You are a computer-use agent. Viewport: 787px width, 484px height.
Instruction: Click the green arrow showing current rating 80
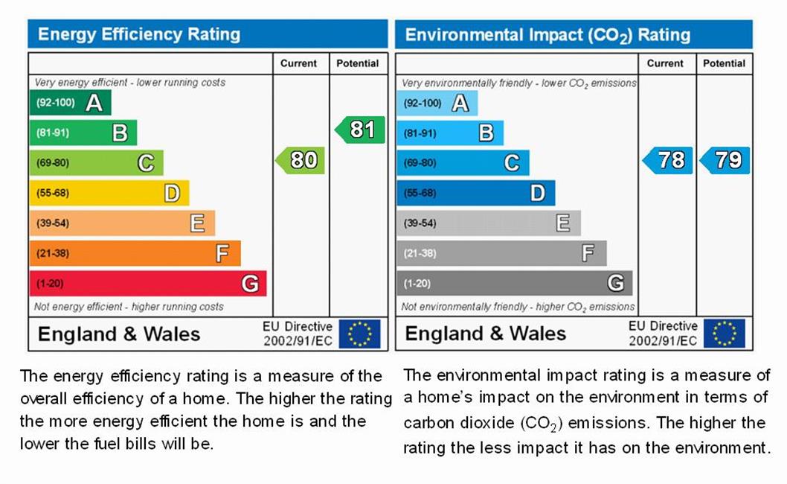point(301,160)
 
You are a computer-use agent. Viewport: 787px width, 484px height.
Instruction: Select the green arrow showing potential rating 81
point(360,130)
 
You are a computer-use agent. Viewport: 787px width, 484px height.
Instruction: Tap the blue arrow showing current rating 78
point(668,160)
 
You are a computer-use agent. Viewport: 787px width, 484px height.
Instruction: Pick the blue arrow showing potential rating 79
point(725,160)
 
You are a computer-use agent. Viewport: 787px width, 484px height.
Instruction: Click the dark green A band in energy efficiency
point(70,103)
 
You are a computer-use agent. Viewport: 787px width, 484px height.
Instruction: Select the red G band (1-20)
point(147,283)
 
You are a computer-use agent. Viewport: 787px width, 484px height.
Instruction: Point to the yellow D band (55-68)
point(109,193)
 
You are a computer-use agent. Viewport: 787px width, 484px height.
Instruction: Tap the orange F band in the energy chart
point(135,253)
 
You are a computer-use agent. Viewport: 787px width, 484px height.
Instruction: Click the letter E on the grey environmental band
point(563,223)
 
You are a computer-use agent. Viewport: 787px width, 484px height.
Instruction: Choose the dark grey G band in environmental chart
point(514,283)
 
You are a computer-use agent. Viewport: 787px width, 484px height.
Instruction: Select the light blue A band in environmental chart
point(437,103)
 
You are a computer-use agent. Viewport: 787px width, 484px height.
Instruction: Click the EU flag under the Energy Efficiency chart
point(359,334)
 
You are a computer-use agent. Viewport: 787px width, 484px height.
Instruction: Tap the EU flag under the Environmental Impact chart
point(724,334)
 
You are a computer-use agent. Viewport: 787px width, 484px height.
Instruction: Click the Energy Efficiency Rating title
point(139,34)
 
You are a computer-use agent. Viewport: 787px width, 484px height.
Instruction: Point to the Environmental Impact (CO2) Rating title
point(547,35)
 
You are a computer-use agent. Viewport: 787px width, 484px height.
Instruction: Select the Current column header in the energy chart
point(298,63)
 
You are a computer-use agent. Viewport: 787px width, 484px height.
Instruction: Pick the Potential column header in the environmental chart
point(724,63)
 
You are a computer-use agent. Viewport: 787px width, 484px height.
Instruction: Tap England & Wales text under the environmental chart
point(485,334)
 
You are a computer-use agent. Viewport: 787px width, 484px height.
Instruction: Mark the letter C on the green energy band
point(146,162)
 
